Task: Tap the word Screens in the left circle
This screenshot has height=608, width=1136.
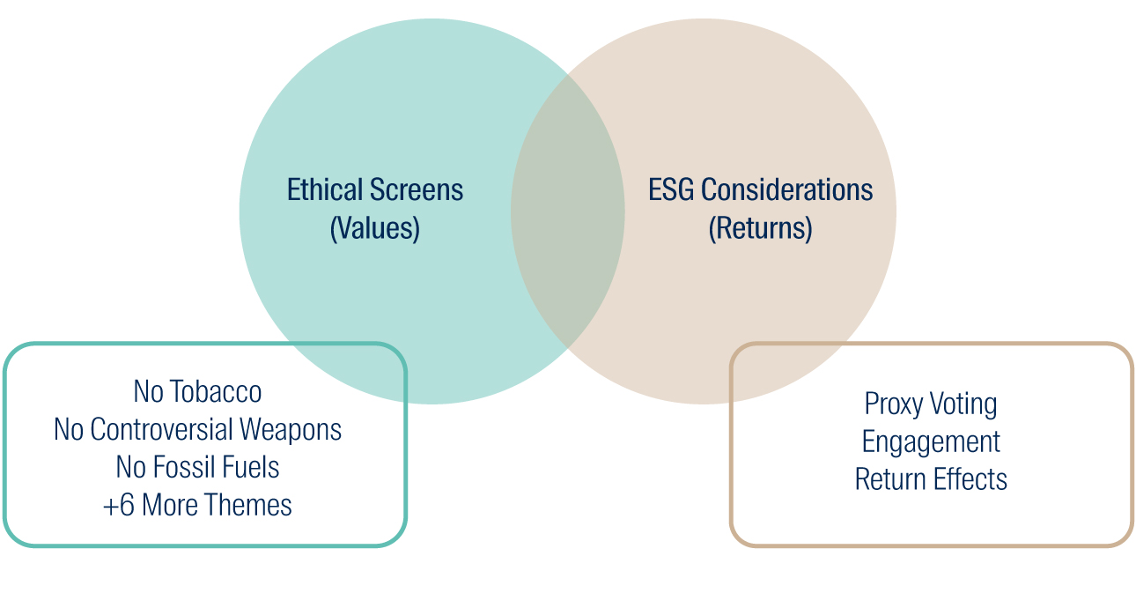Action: (x=417, y=189)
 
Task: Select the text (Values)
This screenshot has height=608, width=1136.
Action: (x=375, y=228)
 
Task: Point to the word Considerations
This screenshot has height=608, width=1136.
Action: (x=786, y=189)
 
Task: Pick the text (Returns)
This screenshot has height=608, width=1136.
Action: (x=760, y=228)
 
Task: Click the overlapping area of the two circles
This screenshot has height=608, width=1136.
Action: (x=567, y=211)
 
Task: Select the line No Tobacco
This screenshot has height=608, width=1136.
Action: (x=197, y=391)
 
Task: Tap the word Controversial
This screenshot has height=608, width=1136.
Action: (x=162, y=429)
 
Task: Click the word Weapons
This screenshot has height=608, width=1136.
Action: (x=291, y=430)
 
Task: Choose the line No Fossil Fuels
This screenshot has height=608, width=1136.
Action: (x=197, y=467)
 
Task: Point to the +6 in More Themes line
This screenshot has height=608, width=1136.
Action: (x=119, y=505)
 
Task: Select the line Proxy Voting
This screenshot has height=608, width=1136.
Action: (x=931, y=404)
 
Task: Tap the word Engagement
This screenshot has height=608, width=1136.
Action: (x=931, y=442)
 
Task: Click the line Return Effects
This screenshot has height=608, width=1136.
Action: (x=931, y=479)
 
